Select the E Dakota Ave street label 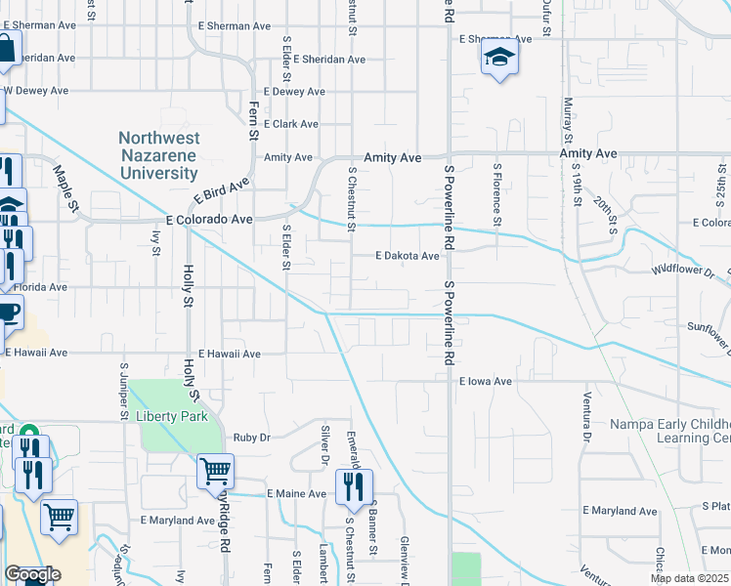(408, 256)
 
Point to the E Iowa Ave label (486, 382)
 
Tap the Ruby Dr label (251, 438)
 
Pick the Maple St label (65, 188)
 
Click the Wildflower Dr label (682, 268)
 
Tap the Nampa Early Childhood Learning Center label (670, 431)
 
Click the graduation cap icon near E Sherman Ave (498, 58)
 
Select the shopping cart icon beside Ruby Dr (215, 471)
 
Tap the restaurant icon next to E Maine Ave (354, 485)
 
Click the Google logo (32, 574)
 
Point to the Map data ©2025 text (690, 578)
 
